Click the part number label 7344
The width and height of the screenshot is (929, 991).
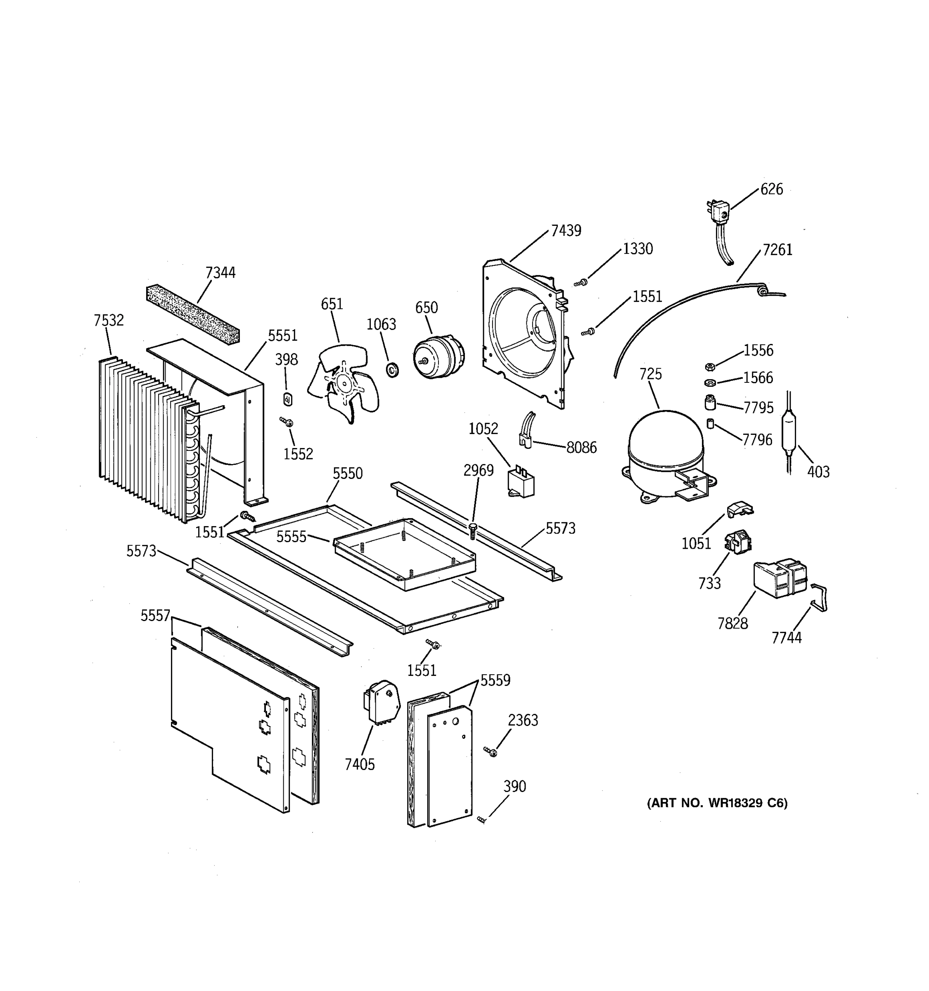click(220, 273)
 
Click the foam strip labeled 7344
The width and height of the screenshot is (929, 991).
click(192, 315)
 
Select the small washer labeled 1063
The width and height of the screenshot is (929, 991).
click(393, 370)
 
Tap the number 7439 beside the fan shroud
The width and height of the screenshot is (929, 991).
click(566, 231)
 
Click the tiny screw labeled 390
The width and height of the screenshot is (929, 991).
click(481, 819)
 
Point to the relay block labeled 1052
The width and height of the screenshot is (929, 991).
click(520, 482)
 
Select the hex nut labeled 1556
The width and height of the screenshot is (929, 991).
click(710, 367)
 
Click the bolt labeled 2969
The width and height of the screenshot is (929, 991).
click(473, 531)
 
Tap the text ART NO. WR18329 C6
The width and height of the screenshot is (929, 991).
click(717, 803)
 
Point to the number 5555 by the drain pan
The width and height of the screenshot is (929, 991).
click(291, 536)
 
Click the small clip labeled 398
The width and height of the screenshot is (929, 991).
click(287, 399)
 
